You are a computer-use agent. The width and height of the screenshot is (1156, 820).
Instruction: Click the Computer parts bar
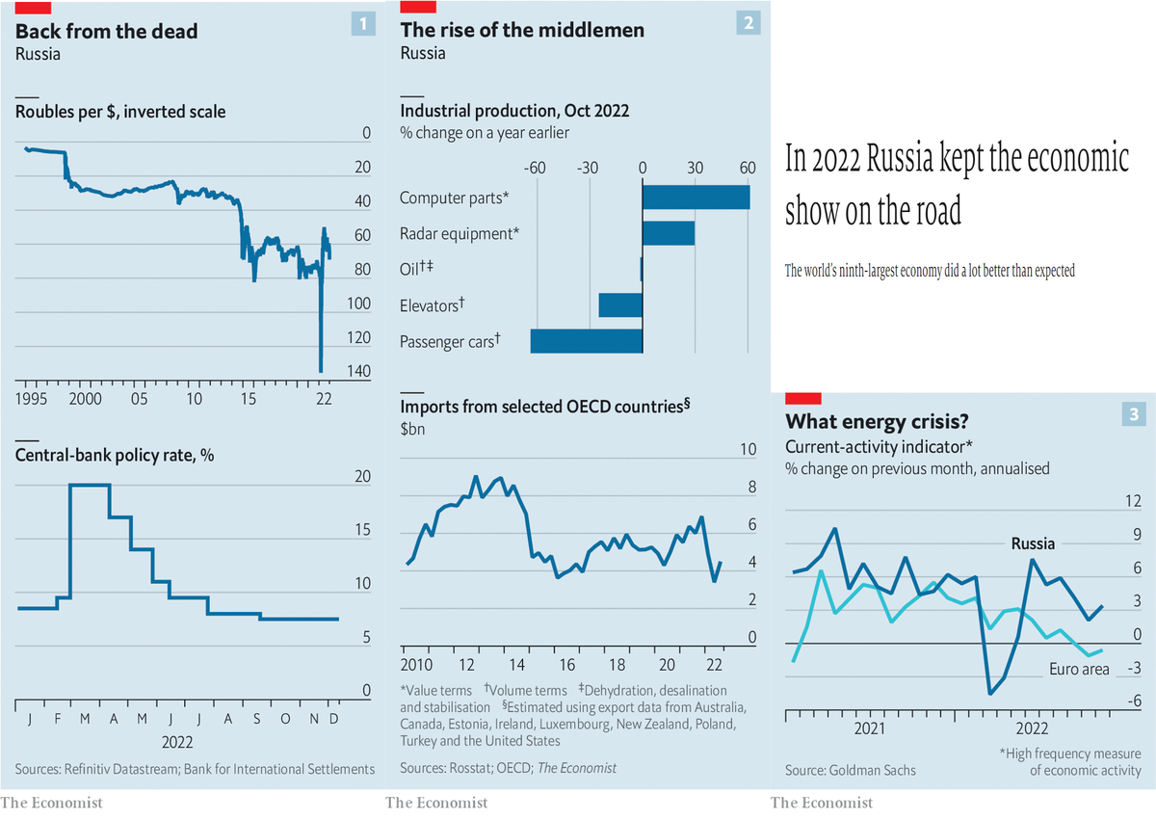click(696, 198)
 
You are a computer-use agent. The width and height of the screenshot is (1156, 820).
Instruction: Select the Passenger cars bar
click(586, 341)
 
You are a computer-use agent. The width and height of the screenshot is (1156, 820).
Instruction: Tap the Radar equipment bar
click(668, 233)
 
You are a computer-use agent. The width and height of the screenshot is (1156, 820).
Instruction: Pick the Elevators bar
click(620, 305)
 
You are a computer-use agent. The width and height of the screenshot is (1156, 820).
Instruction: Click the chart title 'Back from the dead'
click(107, 31)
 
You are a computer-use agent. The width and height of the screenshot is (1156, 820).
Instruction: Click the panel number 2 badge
click(748, 24)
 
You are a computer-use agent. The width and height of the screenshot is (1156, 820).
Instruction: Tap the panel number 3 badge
click(1133, 415)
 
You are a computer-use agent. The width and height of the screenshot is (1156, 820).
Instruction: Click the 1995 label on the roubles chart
click(34, 399)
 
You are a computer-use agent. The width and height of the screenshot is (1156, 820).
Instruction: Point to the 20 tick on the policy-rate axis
click(363, 477)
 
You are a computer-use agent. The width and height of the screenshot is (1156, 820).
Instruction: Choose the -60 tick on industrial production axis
click(535, 167)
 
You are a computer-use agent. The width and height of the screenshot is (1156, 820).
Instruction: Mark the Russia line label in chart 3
click(1033, 543)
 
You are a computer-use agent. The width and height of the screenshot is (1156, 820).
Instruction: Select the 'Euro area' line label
click(1079, 669)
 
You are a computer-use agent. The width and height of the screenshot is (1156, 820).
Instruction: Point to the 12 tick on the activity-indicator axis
click(1133, 502)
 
